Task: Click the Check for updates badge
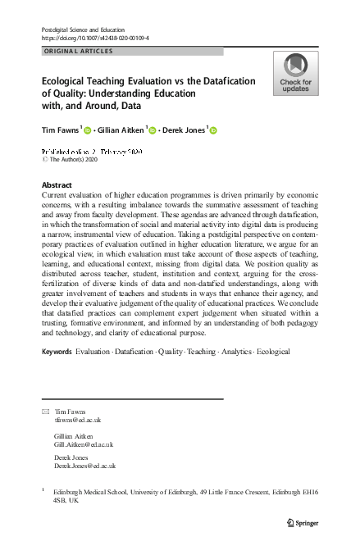[295, 72]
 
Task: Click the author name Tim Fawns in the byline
[60, 129]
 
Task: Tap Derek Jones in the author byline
[184, 129]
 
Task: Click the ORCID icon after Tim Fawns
[88, 130]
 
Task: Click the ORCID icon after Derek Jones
[213, 130]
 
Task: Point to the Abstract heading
[57, 185]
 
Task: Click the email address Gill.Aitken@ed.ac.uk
[84, 444]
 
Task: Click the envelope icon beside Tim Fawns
[45, 411]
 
